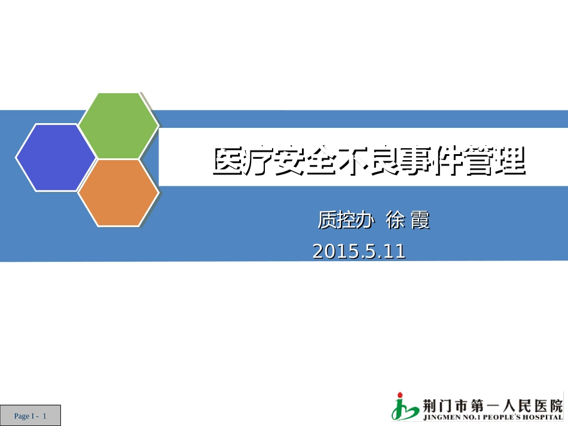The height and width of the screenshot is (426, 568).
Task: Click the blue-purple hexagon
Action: click(x=56, y=158)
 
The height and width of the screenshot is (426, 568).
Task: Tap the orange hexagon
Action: click(x=118, y=192)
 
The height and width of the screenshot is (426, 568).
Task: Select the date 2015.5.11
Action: click(x=359, y=252)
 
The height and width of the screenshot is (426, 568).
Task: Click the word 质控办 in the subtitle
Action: click(x=346, y=220)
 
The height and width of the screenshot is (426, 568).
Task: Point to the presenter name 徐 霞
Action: click(x=408, y=220)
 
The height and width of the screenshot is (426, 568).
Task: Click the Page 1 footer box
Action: click(x=30, y=416)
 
